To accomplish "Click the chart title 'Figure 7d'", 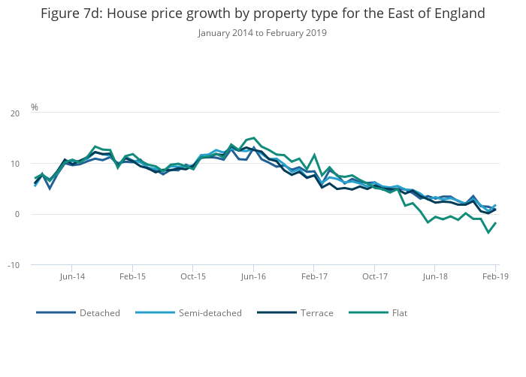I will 262,14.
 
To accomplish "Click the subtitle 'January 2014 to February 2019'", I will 262,33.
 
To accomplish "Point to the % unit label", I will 35,107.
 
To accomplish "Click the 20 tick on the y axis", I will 15,113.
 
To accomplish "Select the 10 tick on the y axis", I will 15,164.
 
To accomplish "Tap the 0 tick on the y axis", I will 17,215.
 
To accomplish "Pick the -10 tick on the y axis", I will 14,265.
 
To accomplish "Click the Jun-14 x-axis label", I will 72,276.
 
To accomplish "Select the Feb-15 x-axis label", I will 132,276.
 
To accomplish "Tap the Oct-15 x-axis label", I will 193,276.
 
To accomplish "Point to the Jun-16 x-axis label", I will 253,276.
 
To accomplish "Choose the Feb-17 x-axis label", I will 314,276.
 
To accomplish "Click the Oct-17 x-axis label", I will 374,276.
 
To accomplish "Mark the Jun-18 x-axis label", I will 435,276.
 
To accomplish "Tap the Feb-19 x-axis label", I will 495,276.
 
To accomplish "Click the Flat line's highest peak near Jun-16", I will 254,138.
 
